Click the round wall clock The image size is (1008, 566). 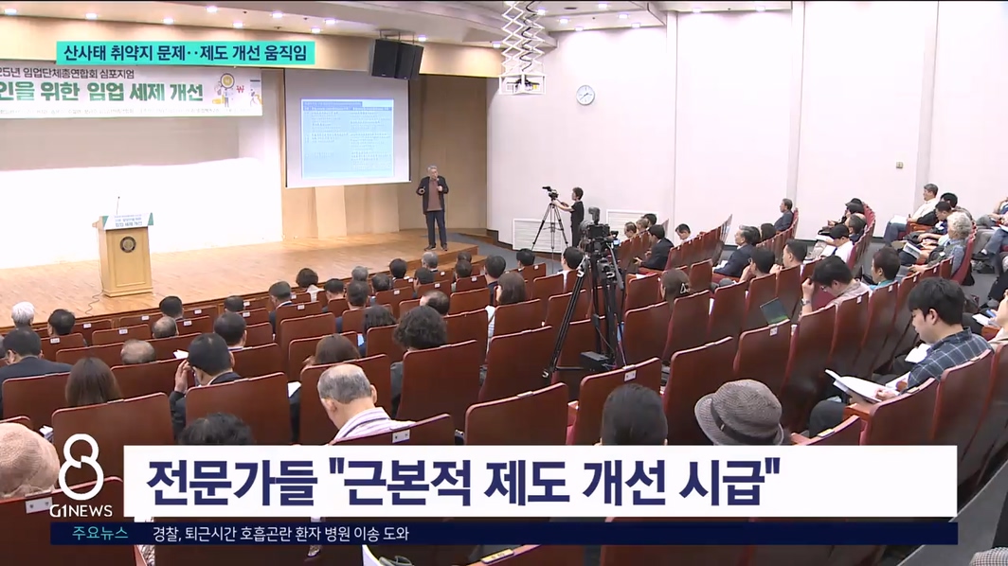coord(585,95)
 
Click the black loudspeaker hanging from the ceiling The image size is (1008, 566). coord(397,59)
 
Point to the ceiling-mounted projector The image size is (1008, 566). coord(522,83)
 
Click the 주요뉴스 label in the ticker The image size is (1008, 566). coord(100,534)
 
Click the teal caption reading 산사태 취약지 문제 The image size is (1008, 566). coord(127,53)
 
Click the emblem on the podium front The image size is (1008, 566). coord(127,245)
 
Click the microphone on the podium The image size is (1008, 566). coord(118,204)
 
